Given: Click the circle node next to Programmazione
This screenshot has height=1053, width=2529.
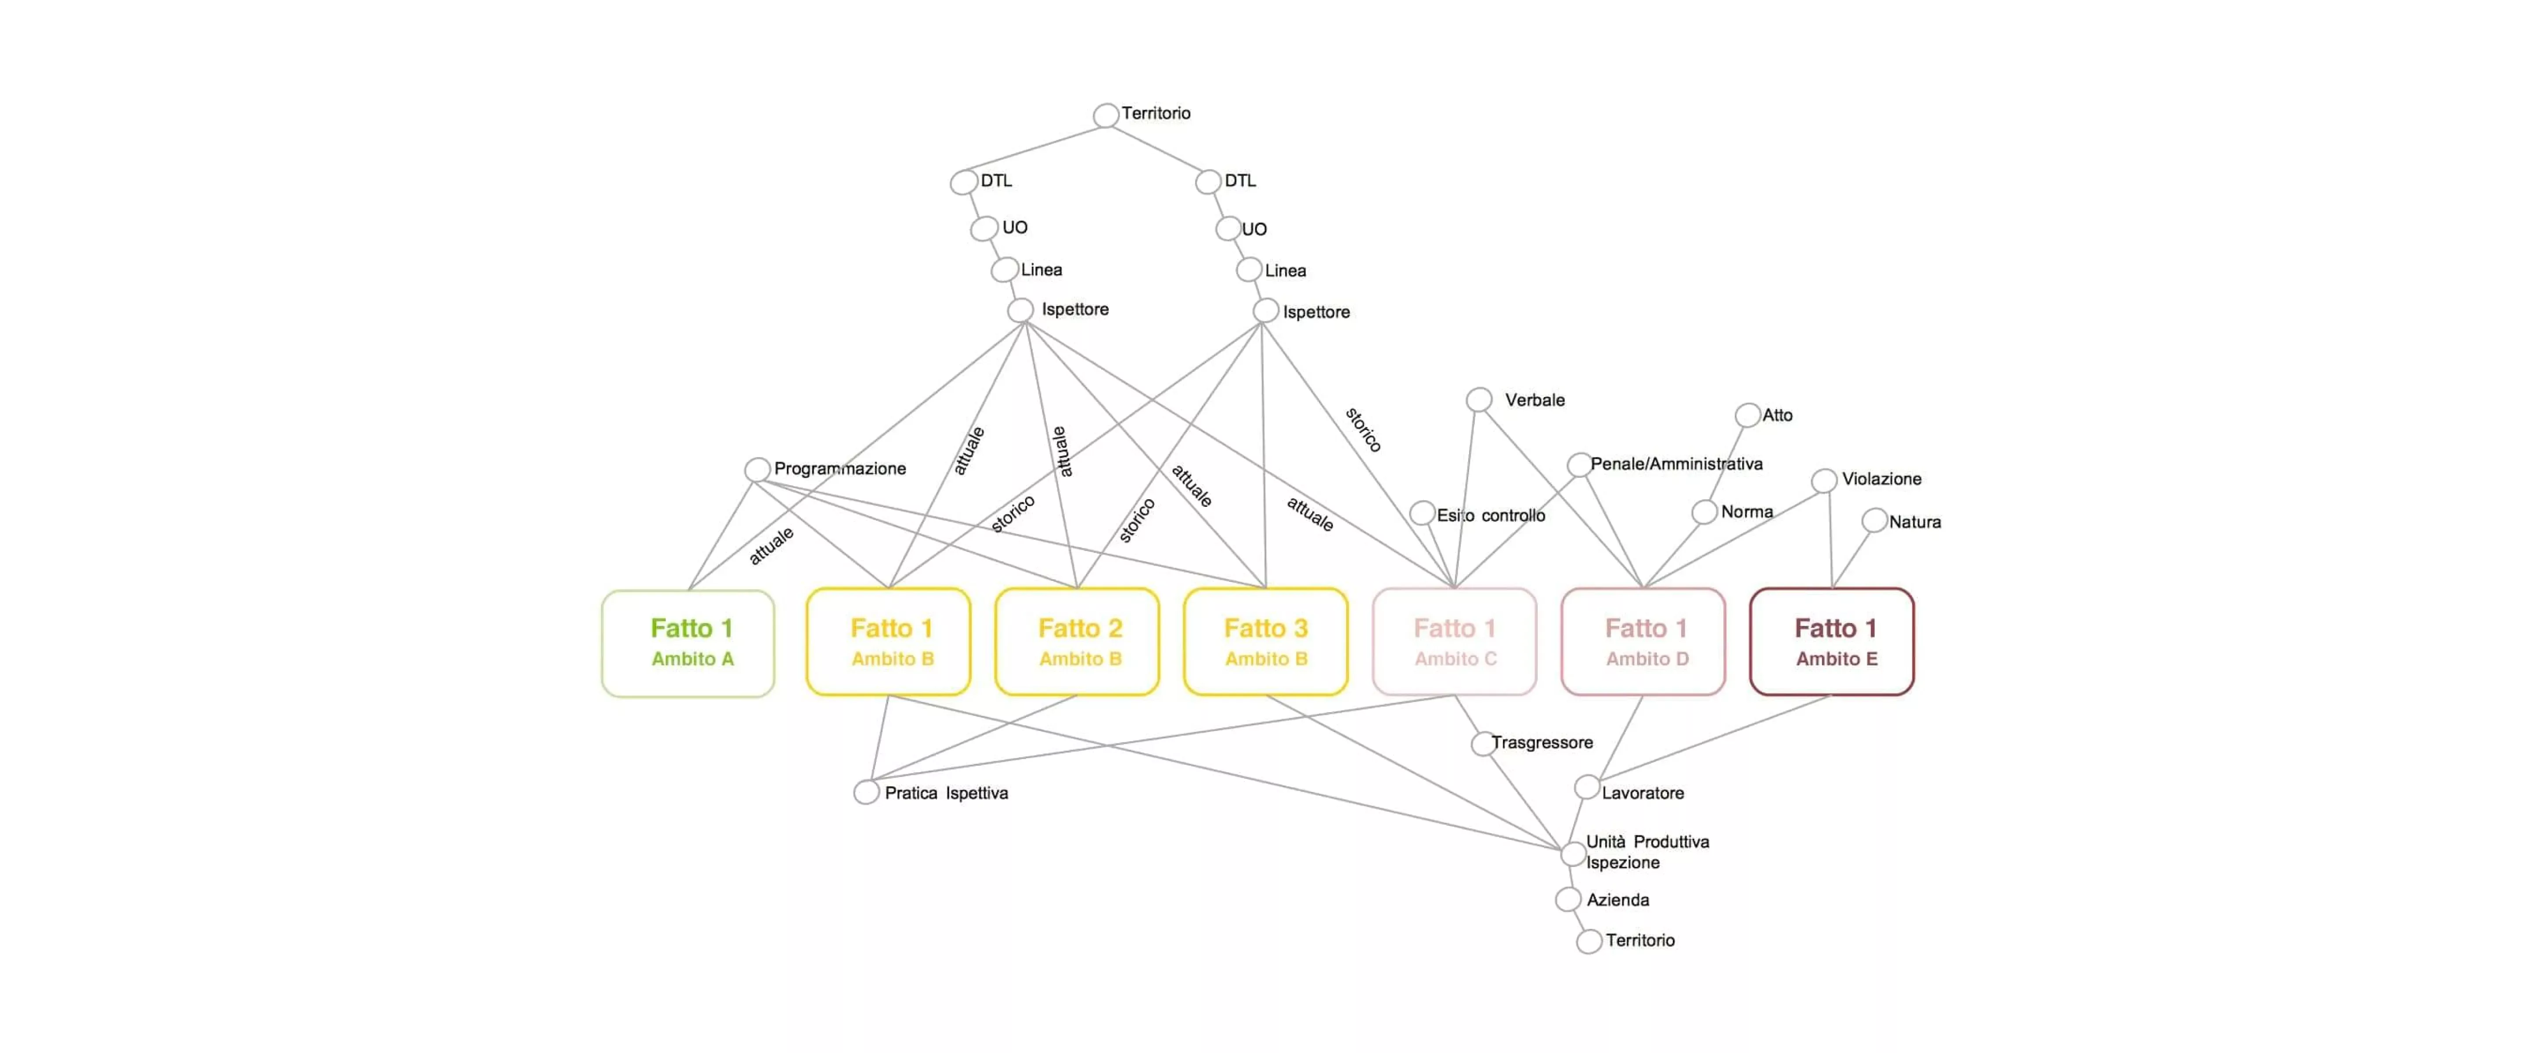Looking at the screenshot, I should pos(757,469).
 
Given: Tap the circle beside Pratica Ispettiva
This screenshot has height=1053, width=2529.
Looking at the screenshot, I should pos(866,792).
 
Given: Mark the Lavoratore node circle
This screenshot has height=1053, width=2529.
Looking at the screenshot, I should pos(1586,787).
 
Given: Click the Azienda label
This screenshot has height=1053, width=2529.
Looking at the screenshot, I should pos(1618,900).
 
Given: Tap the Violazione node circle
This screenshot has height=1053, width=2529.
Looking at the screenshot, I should pos(1824,480).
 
